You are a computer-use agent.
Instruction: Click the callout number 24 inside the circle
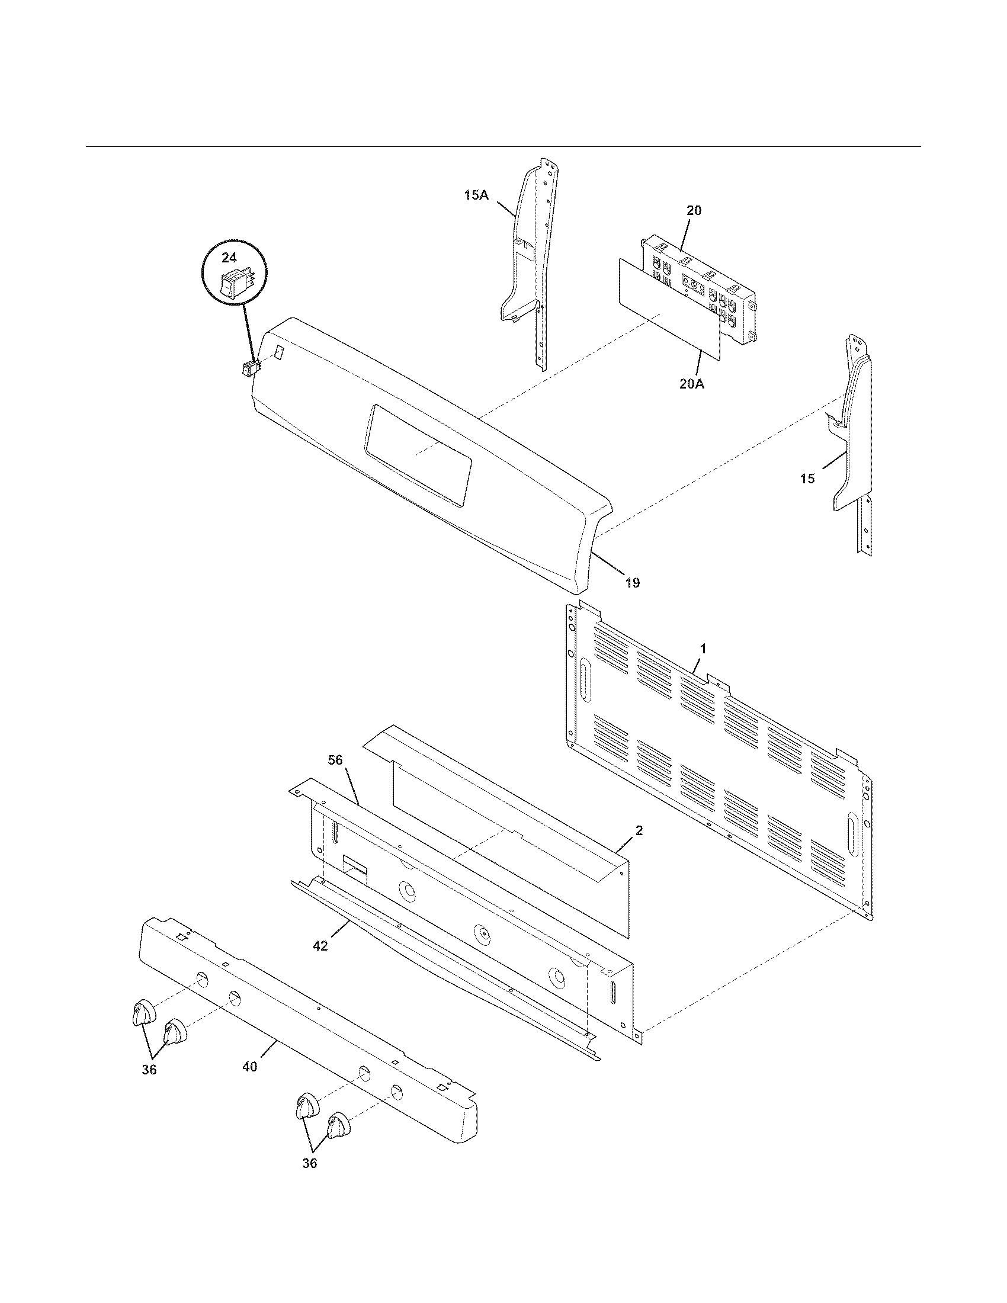(x=229, y=258)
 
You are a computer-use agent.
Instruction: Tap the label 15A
(x=476, y=194)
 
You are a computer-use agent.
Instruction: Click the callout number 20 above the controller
(x=694, y=211)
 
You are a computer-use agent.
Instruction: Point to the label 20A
(x=691, y=384)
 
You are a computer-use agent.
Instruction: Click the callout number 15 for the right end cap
(x=807, y=479)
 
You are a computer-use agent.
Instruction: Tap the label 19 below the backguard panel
(x=633, y=583)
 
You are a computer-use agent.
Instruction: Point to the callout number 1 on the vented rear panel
(x=703, y=649)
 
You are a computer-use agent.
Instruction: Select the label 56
(x=336, y=759)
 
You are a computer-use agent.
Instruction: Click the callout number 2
(x=639, y=831)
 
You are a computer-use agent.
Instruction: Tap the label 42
(x=320, y=946)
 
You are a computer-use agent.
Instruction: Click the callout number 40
(x=250, y=1067)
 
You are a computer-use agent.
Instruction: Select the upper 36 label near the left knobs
(x=149, y=1070)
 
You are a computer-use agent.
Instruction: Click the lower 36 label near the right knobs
(x=309, y=1163)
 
